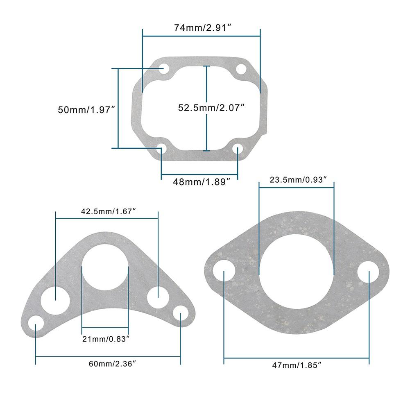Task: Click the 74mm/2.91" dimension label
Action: tap(201, 28)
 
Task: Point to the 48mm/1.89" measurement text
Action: tap(199, 182)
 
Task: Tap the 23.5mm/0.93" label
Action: tap(298, 179)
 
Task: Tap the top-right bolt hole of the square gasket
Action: tap(241, 69)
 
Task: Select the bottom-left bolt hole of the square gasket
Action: tap(162, 148)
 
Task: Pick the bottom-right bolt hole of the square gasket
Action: tap(238, 148)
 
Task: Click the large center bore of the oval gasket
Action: tap(297, 272)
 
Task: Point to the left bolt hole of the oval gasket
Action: tap(224, 272)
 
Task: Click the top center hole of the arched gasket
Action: tap(105, 267)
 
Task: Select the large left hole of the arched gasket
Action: tap(55, 299)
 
